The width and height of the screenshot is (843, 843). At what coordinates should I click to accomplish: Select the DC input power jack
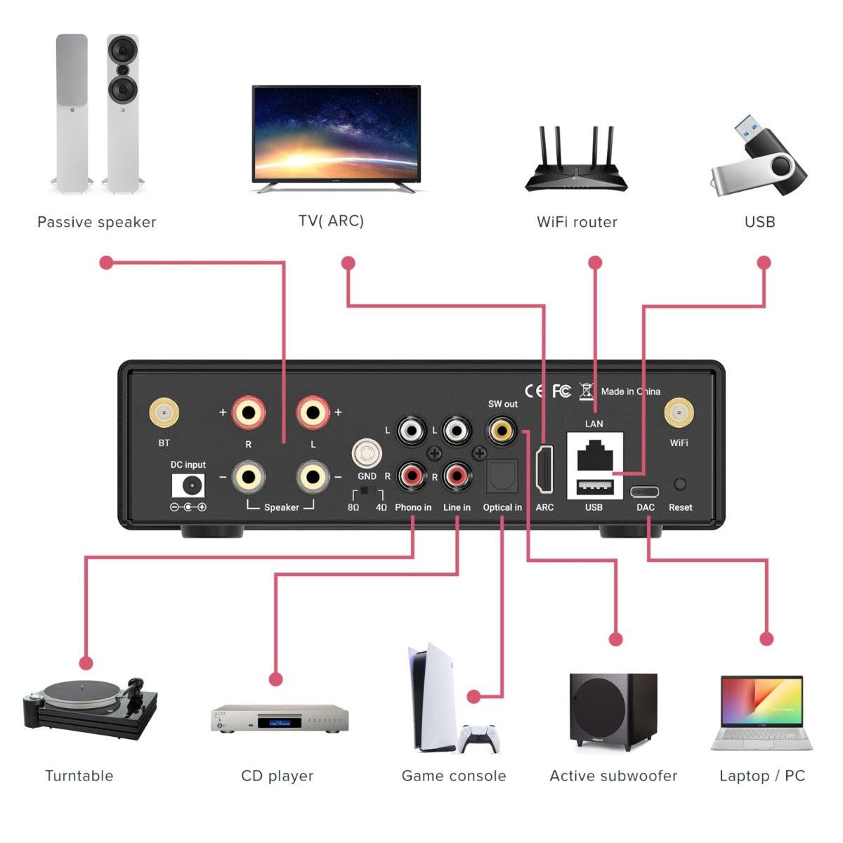[189, 486]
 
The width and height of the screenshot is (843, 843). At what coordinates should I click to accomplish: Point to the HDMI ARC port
[544, 469]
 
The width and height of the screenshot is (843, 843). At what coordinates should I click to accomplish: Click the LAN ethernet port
[594, 455]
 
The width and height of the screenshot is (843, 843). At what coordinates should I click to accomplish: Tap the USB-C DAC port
[644, 490]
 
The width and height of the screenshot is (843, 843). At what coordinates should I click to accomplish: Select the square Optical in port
[502, 477]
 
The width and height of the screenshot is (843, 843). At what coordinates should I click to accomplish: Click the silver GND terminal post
[367, 453]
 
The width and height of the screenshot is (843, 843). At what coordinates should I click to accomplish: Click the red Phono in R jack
[412, 477]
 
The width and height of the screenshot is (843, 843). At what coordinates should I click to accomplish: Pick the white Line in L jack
[457, 429]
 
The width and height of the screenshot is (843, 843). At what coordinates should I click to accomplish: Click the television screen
[336, 132]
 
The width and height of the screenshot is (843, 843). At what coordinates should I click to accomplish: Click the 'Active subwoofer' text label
[613, 776]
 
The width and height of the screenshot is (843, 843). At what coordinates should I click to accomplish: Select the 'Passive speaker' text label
[96, 222]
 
